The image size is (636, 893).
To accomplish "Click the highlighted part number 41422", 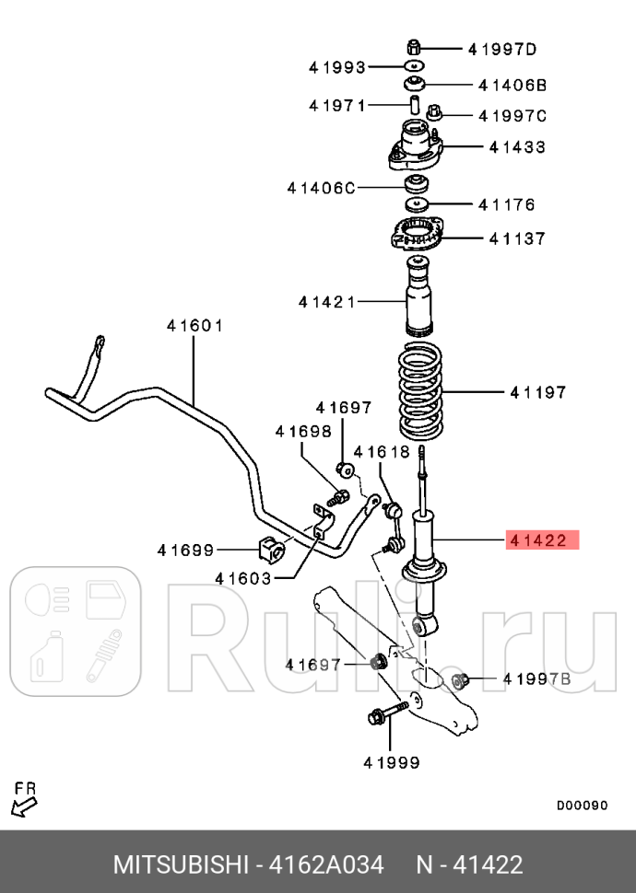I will click(x=542, y=540).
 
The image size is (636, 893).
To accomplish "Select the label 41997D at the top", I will click(x=501, y=49).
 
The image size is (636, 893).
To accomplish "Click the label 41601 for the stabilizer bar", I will click(x=194, y=325).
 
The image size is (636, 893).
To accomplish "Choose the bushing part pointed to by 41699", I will click(x=272, y=549).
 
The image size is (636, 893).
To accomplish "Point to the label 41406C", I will click(x=320, y=188).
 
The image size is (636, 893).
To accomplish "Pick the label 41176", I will click(x=506, y=204).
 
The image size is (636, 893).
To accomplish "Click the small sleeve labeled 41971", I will click(x=415, y=104).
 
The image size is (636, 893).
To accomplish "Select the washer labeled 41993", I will click(x=415, y=67).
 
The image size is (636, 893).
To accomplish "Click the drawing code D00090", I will click(x=581, y=806).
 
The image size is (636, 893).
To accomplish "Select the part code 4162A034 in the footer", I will click(x=325, y=865).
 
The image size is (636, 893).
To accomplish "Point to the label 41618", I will click(x=381, y=451).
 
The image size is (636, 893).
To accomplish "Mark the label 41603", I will click(x=243, y=578).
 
